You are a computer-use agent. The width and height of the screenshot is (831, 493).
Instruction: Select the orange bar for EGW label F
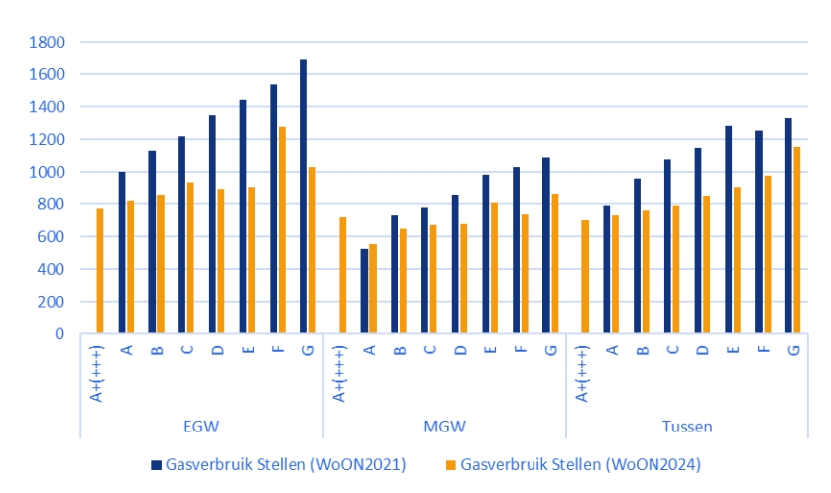click(x=282, y=230)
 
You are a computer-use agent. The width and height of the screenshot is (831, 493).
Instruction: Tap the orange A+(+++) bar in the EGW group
click(x=100, y=271)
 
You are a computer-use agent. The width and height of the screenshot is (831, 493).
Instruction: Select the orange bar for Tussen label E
click(x=736, y=261)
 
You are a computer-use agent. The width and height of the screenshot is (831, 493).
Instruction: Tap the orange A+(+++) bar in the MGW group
click(x=342, y=275)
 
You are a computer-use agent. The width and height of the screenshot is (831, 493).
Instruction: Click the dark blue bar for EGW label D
click(x=212, y=224)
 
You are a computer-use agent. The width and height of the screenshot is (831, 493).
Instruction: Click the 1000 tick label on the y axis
click(x=48, y=172)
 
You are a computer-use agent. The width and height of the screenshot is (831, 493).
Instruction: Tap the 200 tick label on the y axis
click(x=52, y=302)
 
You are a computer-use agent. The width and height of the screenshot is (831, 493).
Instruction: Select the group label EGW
click(x=202, y=427)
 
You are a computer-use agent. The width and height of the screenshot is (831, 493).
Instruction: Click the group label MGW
click(x=444, y=427)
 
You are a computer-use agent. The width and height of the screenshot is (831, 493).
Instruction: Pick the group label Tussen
click(x=686, y=427)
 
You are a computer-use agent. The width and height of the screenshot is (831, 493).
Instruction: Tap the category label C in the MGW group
click(x=429, y=349)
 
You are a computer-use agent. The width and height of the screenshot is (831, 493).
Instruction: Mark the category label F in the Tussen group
click(x=763, y=349)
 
